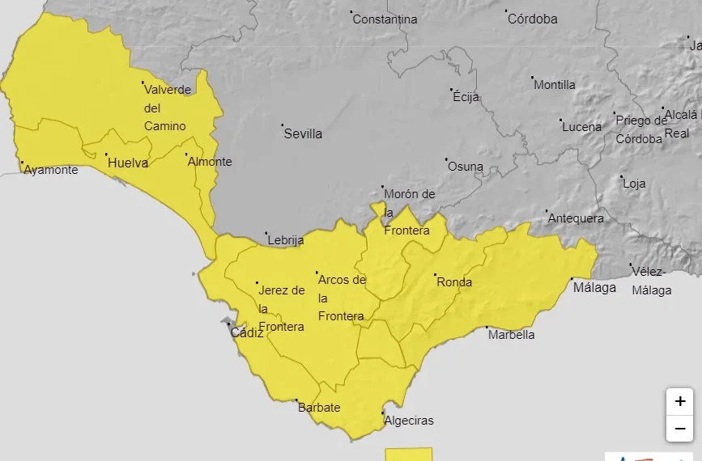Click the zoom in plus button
pyautogui.click(x=679, y=401)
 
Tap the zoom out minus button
pyautogui.click(x=679, y=429)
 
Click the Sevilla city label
pyautogui.click(x=303, y=134)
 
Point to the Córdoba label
pyautogui.click(x=532, y=19)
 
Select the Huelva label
pyautogui.click(x=128, y=163)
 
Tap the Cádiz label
pyautogui.click(x=247, y=332)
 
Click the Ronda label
pyautogui.click(x=453, y=283)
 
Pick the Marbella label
pyautogui.click(x=512, y=335)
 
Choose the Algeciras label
pyautogui.click(x=409, y=421)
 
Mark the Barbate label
pyautogui.click(x=319, y=408)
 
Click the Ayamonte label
pyautogui.click(x=51, y=170)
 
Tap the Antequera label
pyautogui.click(x=576, y=218)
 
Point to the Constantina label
pyautogui.click(x=385, y=19)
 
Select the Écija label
pyautogui.click(x=466, y=97)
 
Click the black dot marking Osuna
pyautogui.click(x=445, y=159)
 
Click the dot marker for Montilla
pyautogui.click(x=533, y=78)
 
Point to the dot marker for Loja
pyautogui.click(x=621, y=177)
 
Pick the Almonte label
pyautogui.click(x=210, y=162)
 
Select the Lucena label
pyautogui.click(x=582, y=127)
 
